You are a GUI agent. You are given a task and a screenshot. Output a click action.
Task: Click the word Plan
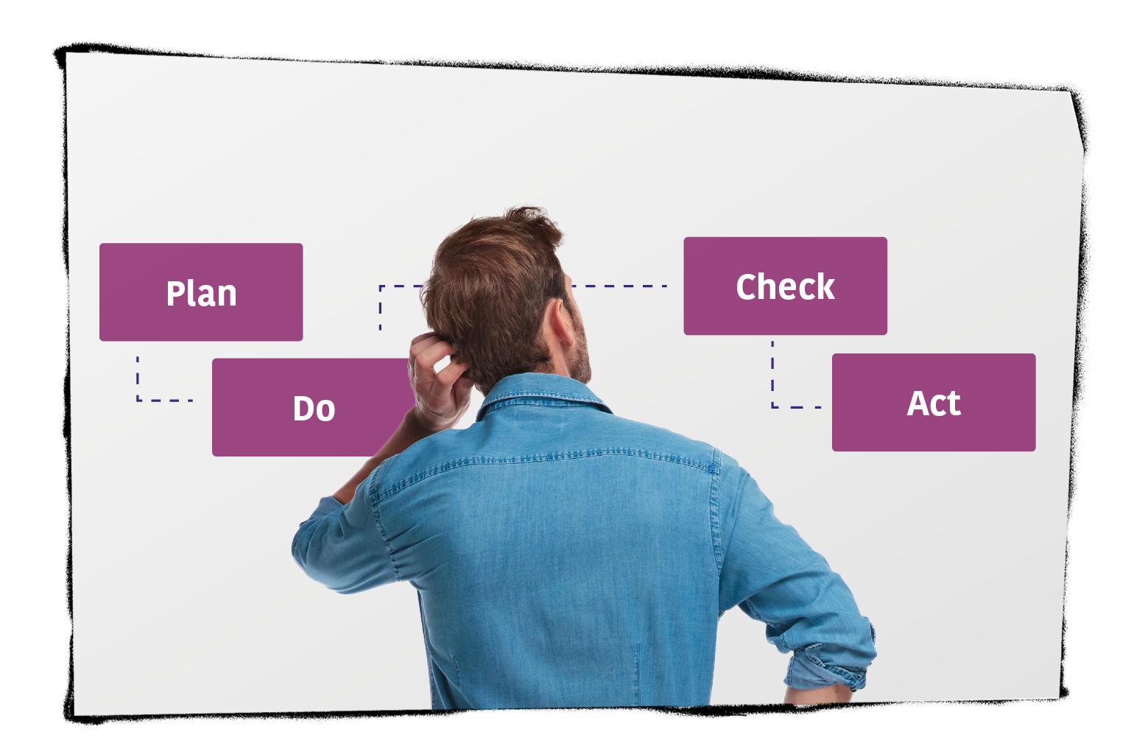(x=201, y=294)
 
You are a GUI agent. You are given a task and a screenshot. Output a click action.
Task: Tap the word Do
(x=314, y=409)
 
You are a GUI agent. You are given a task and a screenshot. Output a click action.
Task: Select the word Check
(x=785, y=286)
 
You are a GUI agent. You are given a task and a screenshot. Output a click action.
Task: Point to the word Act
(x=934, y=404)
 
